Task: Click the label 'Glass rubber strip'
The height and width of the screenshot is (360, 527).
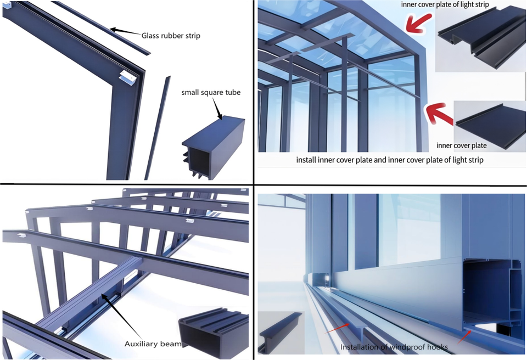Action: [x=171, y=36]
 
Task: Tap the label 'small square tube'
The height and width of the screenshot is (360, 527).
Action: [x=211, y=92]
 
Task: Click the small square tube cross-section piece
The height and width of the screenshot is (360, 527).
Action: [x=213, y=147]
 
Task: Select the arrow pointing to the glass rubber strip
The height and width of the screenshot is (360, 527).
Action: [x=125, y=32]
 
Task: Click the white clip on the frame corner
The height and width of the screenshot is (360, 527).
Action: [x=128, y=77]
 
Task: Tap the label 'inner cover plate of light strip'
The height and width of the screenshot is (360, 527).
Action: [x=445, y=4]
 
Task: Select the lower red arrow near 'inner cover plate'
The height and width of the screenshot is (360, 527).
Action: [x=439, y=114]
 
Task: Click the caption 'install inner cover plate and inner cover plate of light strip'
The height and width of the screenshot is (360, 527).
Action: [x=390, y=160]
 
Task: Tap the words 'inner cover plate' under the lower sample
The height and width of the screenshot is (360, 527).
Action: [x=462, y=145]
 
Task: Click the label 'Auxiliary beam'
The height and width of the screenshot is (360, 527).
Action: [x=153, y=344]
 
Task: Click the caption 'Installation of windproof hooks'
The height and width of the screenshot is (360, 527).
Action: [x=394, y=347]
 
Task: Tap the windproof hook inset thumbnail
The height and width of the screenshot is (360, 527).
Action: [x=281, y=333]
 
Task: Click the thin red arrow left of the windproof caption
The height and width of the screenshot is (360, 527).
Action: [x=337, y=328]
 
